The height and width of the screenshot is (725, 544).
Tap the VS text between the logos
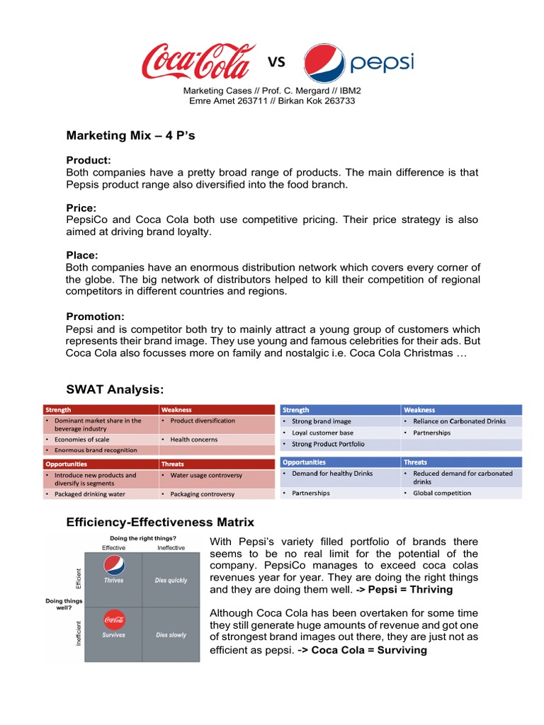(276, 63)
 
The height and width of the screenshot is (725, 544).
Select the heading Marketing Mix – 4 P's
(131, 135)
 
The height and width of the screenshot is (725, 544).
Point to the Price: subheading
(81, 208)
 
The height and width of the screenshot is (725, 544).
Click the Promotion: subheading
(95, 316)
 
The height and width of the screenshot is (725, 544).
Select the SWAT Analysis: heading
(115, 389)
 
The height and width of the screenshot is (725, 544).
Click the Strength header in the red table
(59, 410)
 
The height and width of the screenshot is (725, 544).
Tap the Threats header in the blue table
(416, 462)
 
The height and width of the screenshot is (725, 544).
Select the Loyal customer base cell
(322, 433)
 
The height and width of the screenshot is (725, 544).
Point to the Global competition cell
(442, 493)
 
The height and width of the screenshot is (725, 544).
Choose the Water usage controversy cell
(206, 475)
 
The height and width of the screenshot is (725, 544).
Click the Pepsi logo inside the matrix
(114, 565)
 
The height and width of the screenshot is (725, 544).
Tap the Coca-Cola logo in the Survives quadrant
(114, 620)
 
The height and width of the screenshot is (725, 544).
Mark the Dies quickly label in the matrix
(171, 581)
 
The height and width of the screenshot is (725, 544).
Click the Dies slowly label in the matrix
(171, 635)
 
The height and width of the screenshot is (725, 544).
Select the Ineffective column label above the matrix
(171, 547)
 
